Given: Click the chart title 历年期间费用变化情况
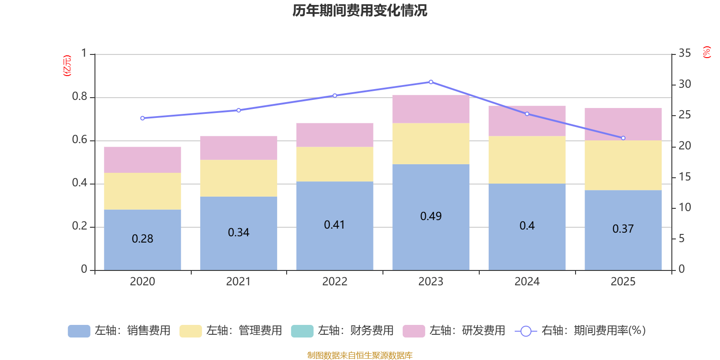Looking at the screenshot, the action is click(x=360, y=11).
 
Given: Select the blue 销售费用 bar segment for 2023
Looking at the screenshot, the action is click(x=431, y=217).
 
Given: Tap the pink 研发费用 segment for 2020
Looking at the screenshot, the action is click(x=142, y=160).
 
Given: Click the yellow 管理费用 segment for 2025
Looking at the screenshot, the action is click(x=623, y=165).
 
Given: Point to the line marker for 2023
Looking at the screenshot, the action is click(x=431, y=82).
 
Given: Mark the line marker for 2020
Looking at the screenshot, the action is click(x=142, y=118).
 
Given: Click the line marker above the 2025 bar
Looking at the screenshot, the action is click(x=623, y=138).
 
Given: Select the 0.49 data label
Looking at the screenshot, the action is click(x=431, y=216).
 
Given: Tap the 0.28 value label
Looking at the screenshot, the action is click(x=142, y=238).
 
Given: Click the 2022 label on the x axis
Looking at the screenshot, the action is click(x=335, y=282).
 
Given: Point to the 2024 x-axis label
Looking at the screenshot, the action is click(x=527, y=282).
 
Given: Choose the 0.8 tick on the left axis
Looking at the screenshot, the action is click(x=79, y=96).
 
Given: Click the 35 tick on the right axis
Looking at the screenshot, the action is click(x=684, y=53).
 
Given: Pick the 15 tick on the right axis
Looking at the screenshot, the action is click(x=684, y=176).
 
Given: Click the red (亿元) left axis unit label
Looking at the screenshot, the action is click(x=67, y=66).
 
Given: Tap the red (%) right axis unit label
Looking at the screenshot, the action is click(x=706, y=52).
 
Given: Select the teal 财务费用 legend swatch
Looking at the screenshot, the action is click(x=302, y=331).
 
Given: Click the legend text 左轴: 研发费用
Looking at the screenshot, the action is click(x=468, y=330).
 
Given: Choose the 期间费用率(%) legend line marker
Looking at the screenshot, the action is click(x=526, y=331).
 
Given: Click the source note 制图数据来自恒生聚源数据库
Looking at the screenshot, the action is click(x=360, y=355).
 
